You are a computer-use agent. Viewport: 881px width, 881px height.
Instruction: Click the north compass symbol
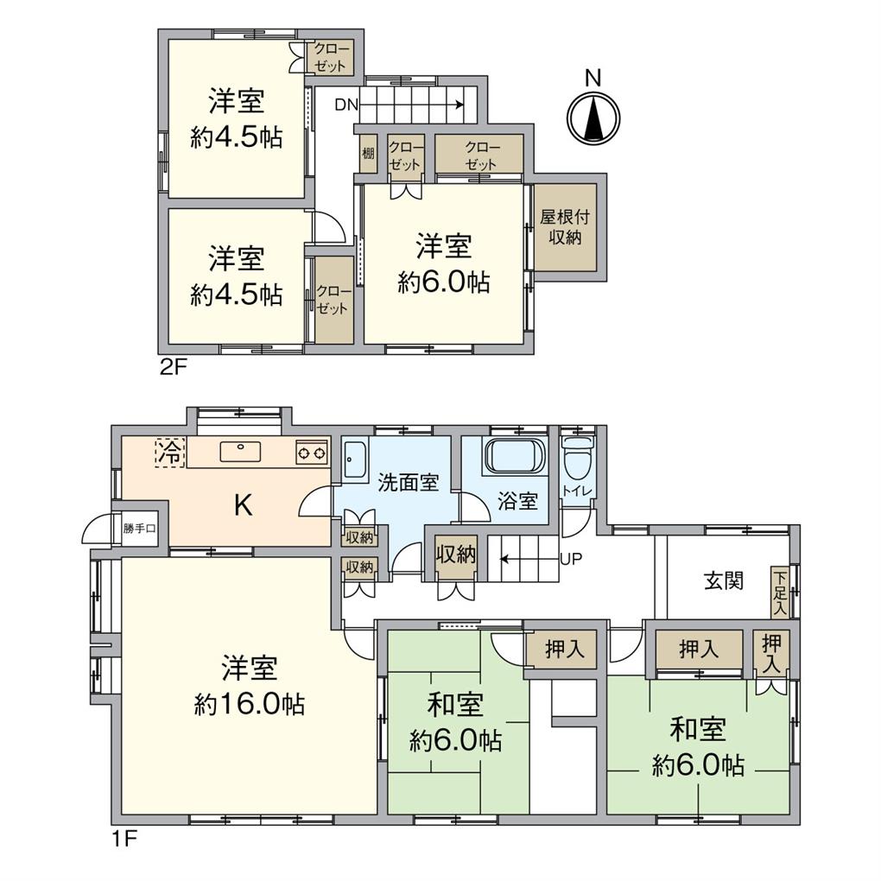click(593, 118)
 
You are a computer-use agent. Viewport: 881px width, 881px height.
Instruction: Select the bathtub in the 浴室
click(515, 456)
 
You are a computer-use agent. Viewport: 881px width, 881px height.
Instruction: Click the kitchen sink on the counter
click(240, 451)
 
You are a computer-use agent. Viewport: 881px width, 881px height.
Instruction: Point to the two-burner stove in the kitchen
click(312, 451)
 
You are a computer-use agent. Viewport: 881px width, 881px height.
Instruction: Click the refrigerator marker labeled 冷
click(169, 453)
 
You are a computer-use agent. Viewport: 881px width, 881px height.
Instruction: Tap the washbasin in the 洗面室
click(354, 459)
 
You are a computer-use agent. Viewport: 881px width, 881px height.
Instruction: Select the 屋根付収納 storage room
click(565, 227)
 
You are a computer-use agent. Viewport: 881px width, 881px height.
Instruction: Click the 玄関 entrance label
click(725, 580)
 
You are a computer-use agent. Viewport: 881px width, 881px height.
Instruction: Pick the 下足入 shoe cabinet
click(780, 593)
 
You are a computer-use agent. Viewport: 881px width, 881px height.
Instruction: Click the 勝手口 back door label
click(139, 529)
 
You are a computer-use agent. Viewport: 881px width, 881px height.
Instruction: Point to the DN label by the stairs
click(346, 105)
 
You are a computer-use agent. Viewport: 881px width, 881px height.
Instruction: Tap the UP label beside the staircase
click(571, 559)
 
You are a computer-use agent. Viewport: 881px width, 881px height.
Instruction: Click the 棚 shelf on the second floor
click(368, 153)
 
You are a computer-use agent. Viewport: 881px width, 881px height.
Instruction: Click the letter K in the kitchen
click(242, 506)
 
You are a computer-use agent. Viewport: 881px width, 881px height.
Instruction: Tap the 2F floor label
click(173, 368)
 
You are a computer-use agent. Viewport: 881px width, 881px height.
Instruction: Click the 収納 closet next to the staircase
click(456, 555)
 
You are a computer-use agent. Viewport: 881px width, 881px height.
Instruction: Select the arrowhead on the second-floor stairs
click(460, 105)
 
